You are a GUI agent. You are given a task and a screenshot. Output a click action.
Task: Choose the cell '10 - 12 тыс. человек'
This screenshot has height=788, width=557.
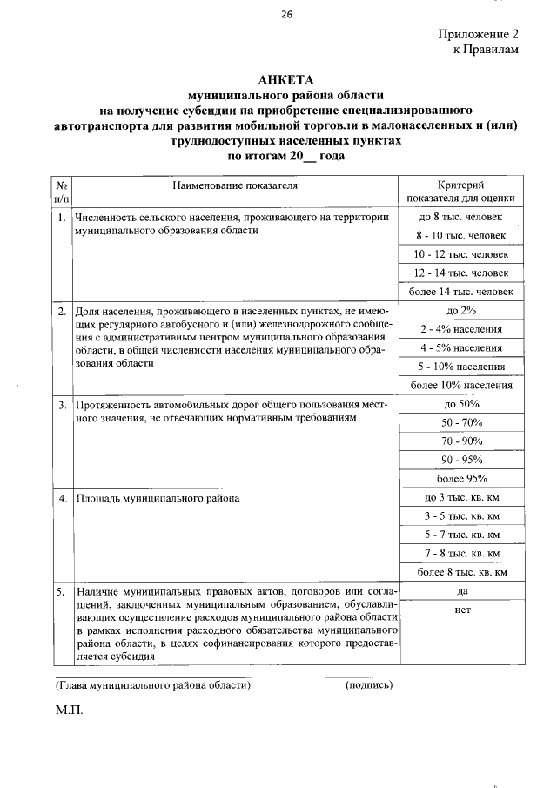pos(460,254)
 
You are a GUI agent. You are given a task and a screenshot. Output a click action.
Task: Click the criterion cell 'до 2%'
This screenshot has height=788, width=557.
pos(460,311)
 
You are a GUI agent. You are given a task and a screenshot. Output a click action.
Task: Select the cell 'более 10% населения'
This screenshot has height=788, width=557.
pos(460,385)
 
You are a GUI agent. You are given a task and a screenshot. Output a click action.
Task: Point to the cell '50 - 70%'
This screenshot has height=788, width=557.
pos(460,422)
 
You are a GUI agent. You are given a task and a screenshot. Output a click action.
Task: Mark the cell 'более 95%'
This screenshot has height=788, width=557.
pos(460,478)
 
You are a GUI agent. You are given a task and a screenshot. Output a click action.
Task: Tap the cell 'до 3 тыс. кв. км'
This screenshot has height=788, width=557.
pos(460,498)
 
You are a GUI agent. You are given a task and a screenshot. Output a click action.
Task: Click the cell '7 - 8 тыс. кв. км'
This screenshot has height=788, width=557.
pos(460,553)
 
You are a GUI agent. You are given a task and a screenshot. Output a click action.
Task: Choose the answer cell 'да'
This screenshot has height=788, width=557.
pos(462,591)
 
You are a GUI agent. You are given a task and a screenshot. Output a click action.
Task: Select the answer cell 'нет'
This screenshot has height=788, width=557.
pos(462,610)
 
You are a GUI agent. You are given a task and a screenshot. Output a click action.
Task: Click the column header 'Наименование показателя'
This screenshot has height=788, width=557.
pos(235,185)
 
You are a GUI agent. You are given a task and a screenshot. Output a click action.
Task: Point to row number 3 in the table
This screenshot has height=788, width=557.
pos(62,406)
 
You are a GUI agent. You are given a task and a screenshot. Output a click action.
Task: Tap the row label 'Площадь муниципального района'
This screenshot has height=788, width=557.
pos(158,499)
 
